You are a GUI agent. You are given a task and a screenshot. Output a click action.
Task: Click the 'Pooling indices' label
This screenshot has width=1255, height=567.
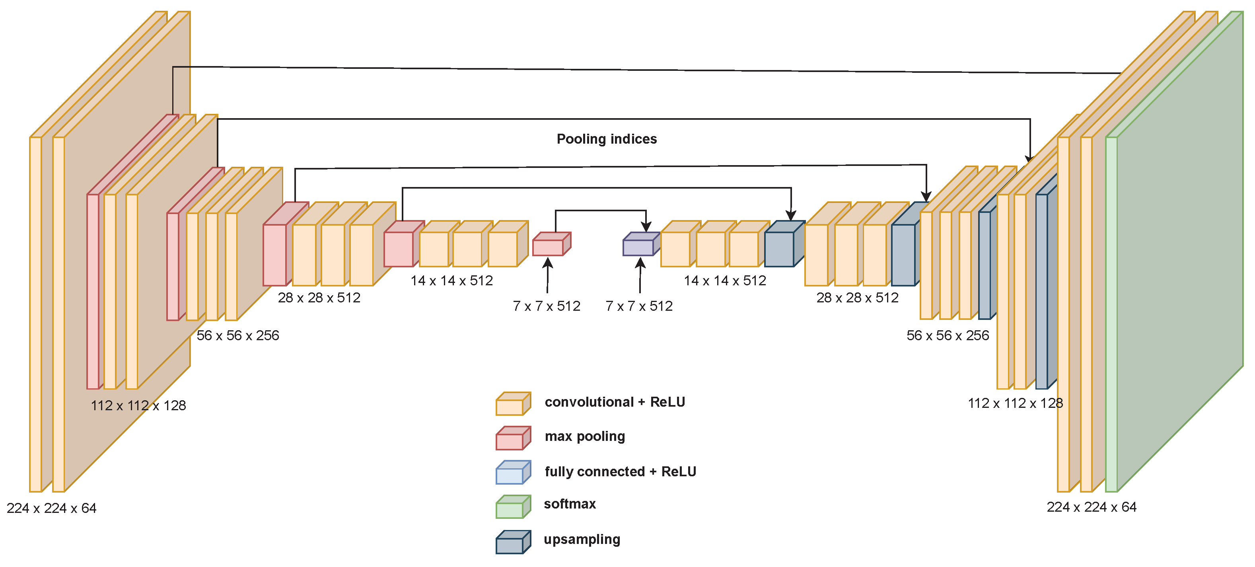coord(606,139)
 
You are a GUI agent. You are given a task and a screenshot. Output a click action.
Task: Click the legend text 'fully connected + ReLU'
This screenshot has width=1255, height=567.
coord(620,472)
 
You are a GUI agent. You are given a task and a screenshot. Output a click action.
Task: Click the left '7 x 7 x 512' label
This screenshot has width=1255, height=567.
coord(546,306)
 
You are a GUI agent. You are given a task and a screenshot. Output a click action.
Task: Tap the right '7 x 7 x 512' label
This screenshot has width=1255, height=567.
coord(639,306)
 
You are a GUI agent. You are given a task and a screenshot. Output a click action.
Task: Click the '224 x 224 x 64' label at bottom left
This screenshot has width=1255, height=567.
coord(52,509)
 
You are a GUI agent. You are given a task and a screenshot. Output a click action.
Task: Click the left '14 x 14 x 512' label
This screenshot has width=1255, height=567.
coord(451,281)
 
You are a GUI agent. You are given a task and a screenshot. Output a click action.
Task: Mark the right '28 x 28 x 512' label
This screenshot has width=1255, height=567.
coord(858,298)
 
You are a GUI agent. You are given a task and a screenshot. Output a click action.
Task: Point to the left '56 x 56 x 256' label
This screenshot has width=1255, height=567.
coord(238,335)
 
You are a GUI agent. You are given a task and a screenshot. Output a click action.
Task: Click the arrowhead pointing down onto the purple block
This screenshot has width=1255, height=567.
coord(646,227)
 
